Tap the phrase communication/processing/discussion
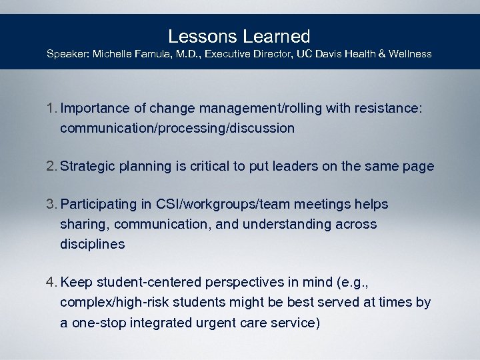click(x=177, y=129)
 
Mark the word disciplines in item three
click(x=92, y=244)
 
